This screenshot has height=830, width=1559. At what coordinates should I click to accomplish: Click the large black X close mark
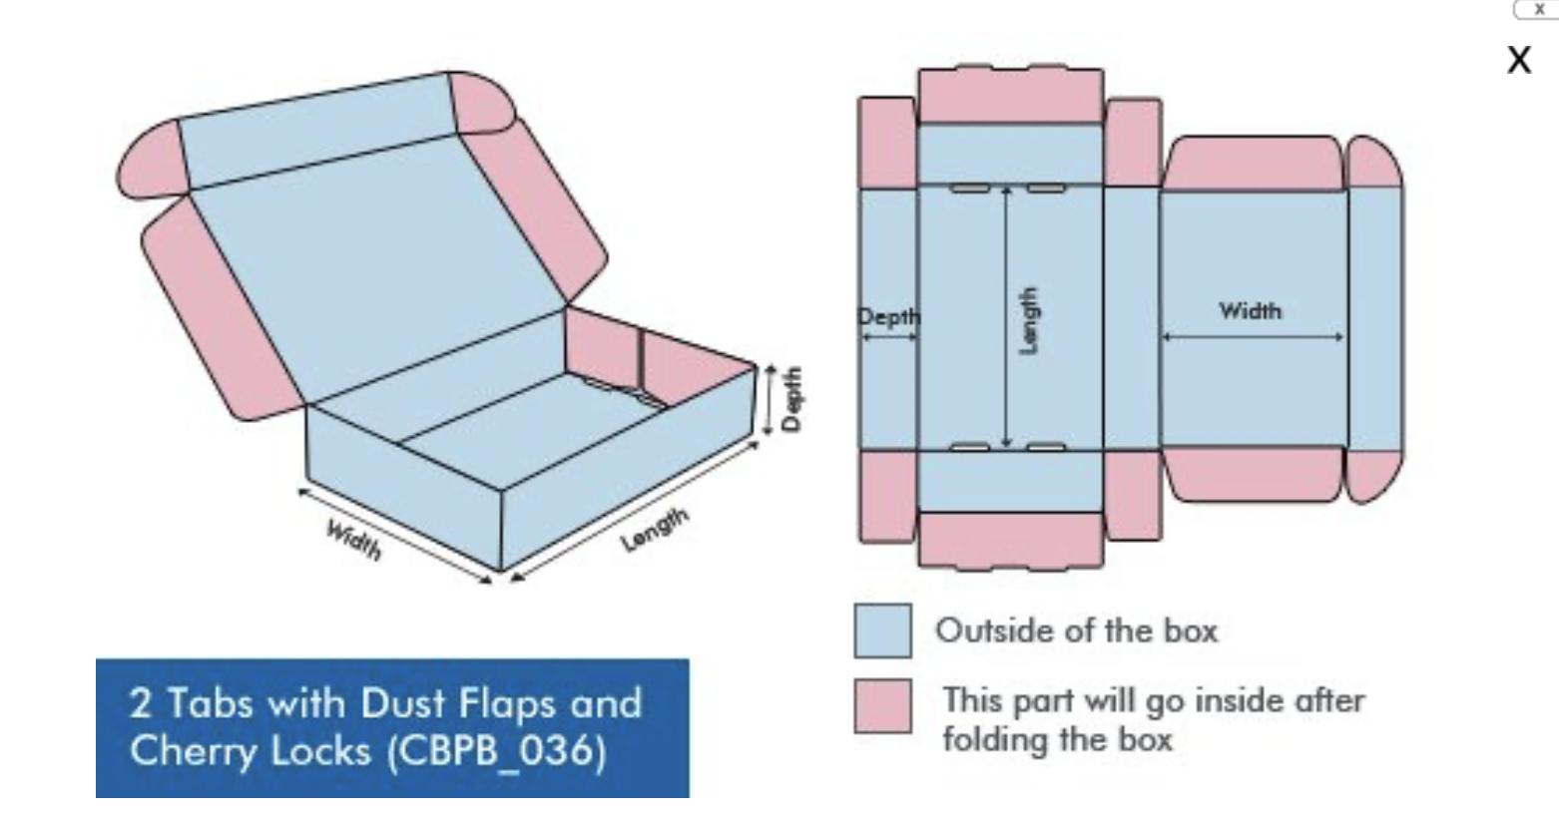(1519, 60)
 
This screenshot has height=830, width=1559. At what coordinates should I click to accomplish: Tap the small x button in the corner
(1539, 9)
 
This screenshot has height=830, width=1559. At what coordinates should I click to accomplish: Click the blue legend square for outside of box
(882, 630)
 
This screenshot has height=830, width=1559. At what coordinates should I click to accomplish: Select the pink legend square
(882, 705)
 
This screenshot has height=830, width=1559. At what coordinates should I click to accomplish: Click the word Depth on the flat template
(888, 317)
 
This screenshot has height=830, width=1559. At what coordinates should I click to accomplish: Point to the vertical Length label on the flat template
(1027, 321)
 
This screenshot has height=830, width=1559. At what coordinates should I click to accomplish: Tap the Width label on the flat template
(1250, 310)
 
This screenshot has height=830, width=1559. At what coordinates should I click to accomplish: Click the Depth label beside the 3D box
(791, 399)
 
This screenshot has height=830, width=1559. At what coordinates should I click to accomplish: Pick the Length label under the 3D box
(655, 530)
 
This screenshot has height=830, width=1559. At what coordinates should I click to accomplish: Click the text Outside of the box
(1076, 631)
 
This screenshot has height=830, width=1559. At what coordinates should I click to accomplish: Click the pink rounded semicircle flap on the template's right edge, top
(1374, 162)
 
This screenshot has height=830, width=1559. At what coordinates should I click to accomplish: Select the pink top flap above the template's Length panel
(1011, 96)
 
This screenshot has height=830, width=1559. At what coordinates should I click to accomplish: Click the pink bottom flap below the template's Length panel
(1011, 542)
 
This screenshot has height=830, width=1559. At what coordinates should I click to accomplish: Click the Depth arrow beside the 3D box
(769, 399)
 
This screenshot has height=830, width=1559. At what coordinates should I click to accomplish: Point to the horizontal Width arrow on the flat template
(1253, 337)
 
